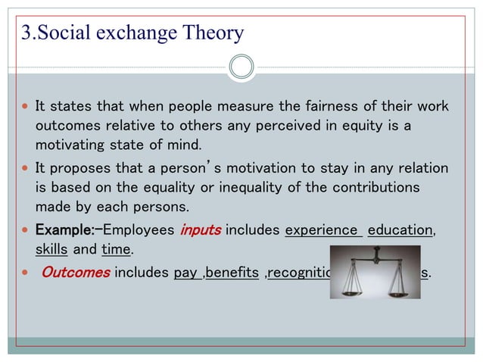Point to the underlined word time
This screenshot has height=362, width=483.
116,250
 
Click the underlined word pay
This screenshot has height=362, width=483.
185,273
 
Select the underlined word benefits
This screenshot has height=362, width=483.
232,273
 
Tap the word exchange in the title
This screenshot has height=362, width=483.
133,33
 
